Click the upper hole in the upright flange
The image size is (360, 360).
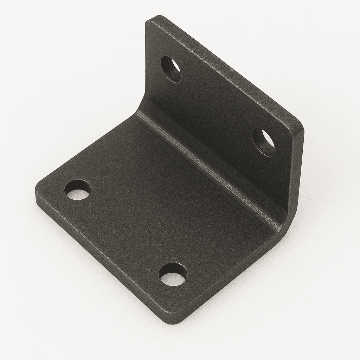171,69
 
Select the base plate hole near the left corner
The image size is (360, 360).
77,190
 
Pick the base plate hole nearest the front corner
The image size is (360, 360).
173,274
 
